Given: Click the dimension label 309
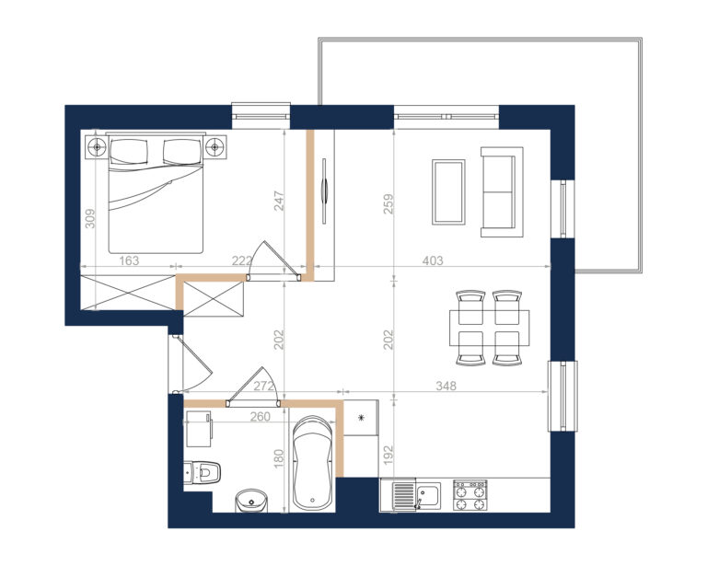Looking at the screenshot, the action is pyautogui.click(x=90, y=218).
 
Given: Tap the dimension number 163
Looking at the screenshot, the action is pyautogui.click(x=129, y=260).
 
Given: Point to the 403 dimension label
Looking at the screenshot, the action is pyautogui.click(x=433, y=260).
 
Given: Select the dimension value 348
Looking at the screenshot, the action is pyautogui.click(x=446, y=386).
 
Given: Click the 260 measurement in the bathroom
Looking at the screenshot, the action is pyautogui.click(x=261, y=417).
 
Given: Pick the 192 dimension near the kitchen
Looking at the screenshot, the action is pyautogui.click(x=388, y=456).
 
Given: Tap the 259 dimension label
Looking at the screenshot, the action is pyautogui.click(x=388, y=203).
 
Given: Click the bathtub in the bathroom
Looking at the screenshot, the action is pyautogui.click(x=312, y=463).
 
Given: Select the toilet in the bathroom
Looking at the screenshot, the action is pyautogui.click(x=203, y=473).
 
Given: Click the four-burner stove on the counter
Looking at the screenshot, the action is pyautogui.click(x=469, y=495).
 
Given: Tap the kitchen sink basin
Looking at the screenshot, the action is pyautogui.click(x=428, y=496).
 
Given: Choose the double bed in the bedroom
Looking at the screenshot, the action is pyautogui.click(x=156, y=193).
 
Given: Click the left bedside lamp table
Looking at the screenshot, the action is pyautogui.click(x=97, y=146).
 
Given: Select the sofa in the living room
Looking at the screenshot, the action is pyautogui.click(x=502, y=192).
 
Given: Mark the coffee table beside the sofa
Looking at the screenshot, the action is pyautogui.click(x=448, y=191).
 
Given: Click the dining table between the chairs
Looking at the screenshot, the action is pyautogui.click(x=489, y=328).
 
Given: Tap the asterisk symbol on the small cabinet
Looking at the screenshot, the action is pyautogui.click(x=361, y=418).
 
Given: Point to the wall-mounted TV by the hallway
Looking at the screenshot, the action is pyautogui.click(x=324, y=190).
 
